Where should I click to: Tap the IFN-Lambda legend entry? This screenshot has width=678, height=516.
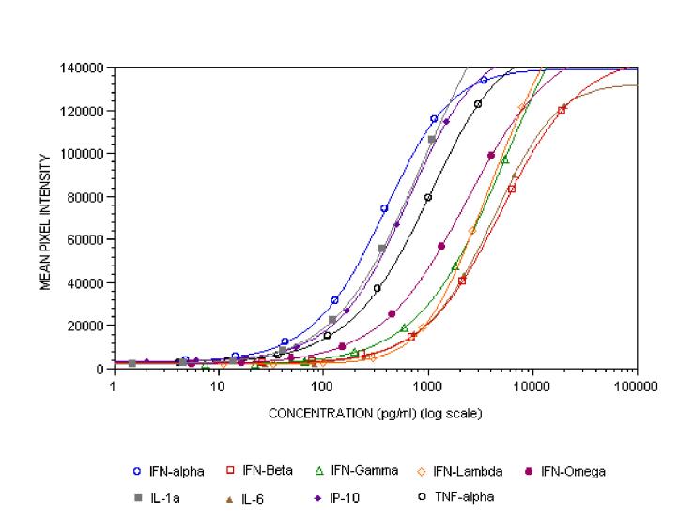pyautogui.click(x=449, y=471)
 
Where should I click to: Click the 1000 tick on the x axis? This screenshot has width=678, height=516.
pyautogui.click(x=427, y=385)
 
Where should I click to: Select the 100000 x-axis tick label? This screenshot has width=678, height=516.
pyautogui.click(x=637, y=385)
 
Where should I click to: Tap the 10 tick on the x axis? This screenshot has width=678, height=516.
pyautogui.click(x=218, y=385)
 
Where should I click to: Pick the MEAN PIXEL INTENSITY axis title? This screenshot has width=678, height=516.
pyautogui.click(x=44, y=218)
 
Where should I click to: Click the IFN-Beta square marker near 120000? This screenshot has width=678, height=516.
pyautogui.click(x=562, y=110)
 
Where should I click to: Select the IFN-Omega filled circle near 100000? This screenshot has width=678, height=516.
pyautogui.click(x=491, y=155)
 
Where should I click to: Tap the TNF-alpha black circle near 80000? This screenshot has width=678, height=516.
pyautogui.click(x=428, y=197)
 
